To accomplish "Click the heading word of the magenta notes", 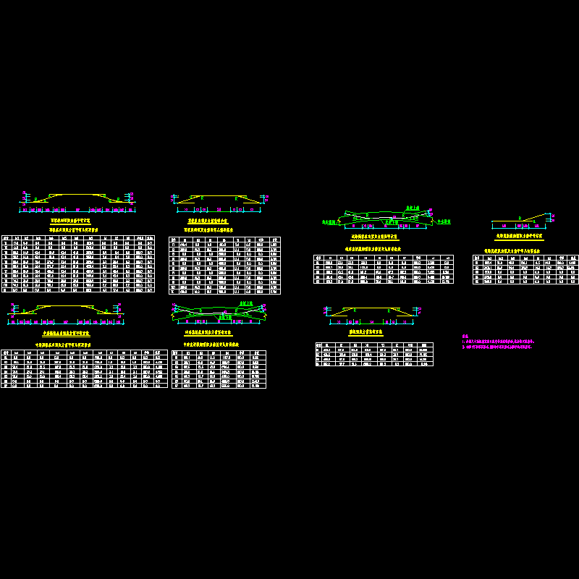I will pyautogui.click(x=465, y=336).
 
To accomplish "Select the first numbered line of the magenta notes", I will pyautogui.click(x=499, y=341).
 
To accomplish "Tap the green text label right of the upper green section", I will pyautogui.click(x=442, y=221).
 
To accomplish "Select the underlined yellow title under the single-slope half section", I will pyautogui.click(x=519, y=236).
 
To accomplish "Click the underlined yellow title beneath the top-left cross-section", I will pyautogui.click(x=70, y=220).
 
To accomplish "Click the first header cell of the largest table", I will pyautogui.click(x=6, y=237).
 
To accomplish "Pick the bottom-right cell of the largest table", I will pyautogui.click(x=150, y=289).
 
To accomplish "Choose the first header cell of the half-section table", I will pyautogui.click(x=478, y=257).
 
